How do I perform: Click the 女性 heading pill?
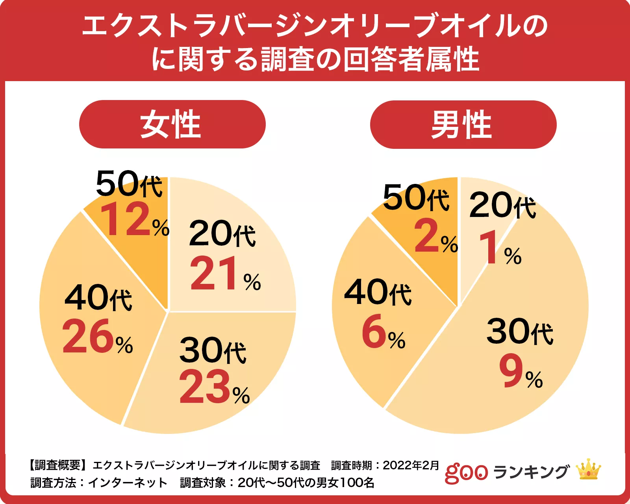tap(172, 124)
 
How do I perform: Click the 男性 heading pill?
tap(463, 124)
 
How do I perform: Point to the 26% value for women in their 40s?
tap(97, 337)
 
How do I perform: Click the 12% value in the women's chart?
tap(134, 220)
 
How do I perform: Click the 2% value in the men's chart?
tap(435, 236)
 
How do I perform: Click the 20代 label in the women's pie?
tap(222, 234)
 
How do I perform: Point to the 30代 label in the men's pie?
tap(520, 332)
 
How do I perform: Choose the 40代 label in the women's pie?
tap(98, 298)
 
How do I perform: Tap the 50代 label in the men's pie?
tap(416, 198)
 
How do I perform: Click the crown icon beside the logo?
tap(588, 469)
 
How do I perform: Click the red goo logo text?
tap(466, 472)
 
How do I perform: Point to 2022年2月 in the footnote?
tap(411, 465)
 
